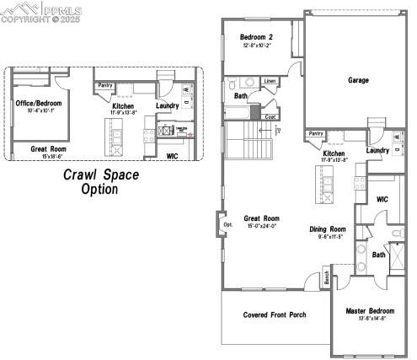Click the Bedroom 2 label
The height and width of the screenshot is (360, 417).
click(256, 37)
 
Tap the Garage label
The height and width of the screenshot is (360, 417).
click(358, 80)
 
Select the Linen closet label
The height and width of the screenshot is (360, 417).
click(269, 81)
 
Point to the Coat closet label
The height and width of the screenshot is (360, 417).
click(270, 116)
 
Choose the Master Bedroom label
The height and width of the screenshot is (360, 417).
click(370, 310)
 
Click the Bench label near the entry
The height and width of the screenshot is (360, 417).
click(326, 277)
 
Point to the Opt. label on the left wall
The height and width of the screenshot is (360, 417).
click(227, 225)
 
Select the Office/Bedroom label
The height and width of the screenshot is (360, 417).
click(39, 103)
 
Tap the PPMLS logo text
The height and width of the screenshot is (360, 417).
click(60, 9)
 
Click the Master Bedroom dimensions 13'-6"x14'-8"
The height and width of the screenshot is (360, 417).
click(370, 319)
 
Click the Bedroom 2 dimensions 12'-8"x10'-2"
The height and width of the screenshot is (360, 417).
click(256, 46)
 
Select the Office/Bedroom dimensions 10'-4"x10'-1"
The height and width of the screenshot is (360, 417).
click(39, 110)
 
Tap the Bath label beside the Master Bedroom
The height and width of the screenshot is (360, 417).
click(379, 255)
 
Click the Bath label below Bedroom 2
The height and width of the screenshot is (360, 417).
click(240, 95)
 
